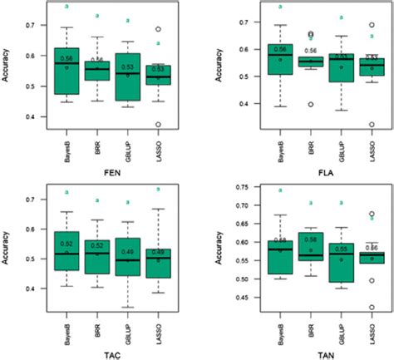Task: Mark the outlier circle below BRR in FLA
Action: click(x=309, y=104)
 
